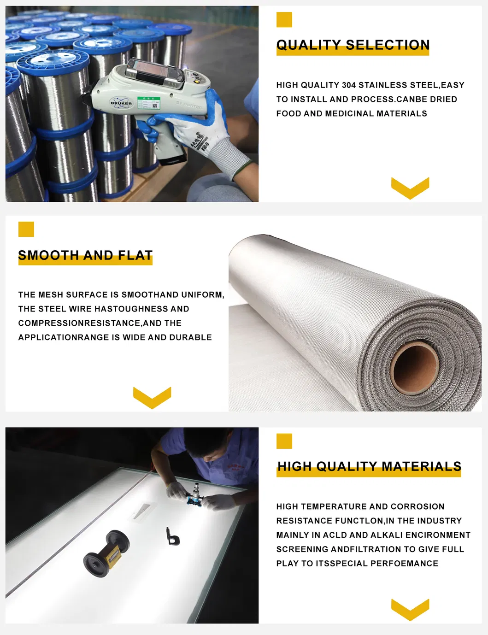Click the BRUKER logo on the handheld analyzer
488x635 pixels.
[x=121, y=103]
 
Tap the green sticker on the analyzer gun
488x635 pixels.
[x=149, y=103]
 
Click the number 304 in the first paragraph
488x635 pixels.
[x=349, y=85]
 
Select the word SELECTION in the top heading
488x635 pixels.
[x=388, y=45]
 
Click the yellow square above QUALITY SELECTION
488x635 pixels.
[x=284, y=19]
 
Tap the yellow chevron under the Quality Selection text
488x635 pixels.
[x=410, y=188]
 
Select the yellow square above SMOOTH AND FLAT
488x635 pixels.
[x=26, y=229]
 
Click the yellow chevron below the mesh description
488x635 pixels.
[x=152, y=398]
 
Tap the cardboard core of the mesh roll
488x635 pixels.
[x=414, y=369]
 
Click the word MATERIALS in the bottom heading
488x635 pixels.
[x=421, y=466]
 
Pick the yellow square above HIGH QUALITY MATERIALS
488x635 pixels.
[x=284, y=441]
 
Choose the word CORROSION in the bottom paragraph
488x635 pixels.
[x=417, y=506]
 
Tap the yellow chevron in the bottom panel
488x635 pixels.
[x=410, y=610]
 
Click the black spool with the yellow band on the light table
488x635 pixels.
[x=106, y=554]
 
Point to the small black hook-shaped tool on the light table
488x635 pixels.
[x=172, y=536]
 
